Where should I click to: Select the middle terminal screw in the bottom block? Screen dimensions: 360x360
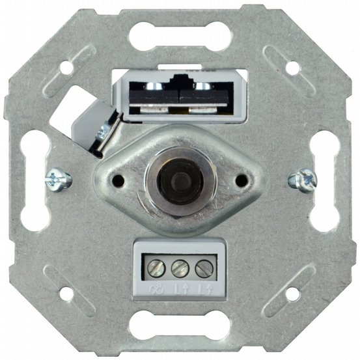180,267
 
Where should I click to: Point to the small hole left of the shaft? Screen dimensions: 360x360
119,176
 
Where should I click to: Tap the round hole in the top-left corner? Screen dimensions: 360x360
66,67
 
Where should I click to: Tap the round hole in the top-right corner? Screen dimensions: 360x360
292,67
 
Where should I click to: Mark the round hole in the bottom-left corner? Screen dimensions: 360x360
66,293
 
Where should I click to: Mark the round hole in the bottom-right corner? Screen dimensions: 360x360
292,293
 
